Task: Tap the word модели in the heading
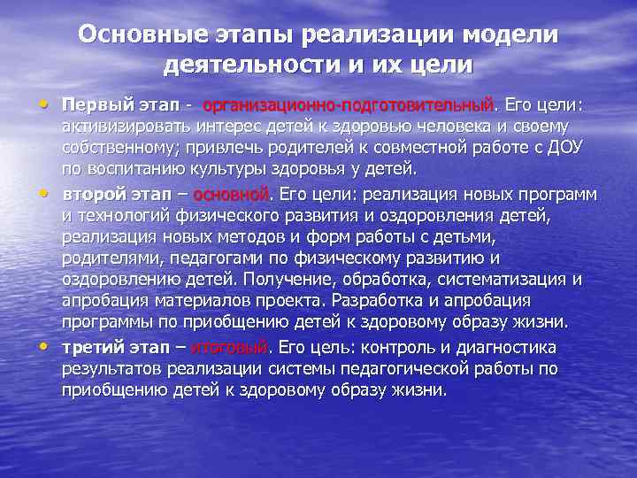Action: point(513,35)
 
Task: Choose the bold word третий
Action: point(94,346)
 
